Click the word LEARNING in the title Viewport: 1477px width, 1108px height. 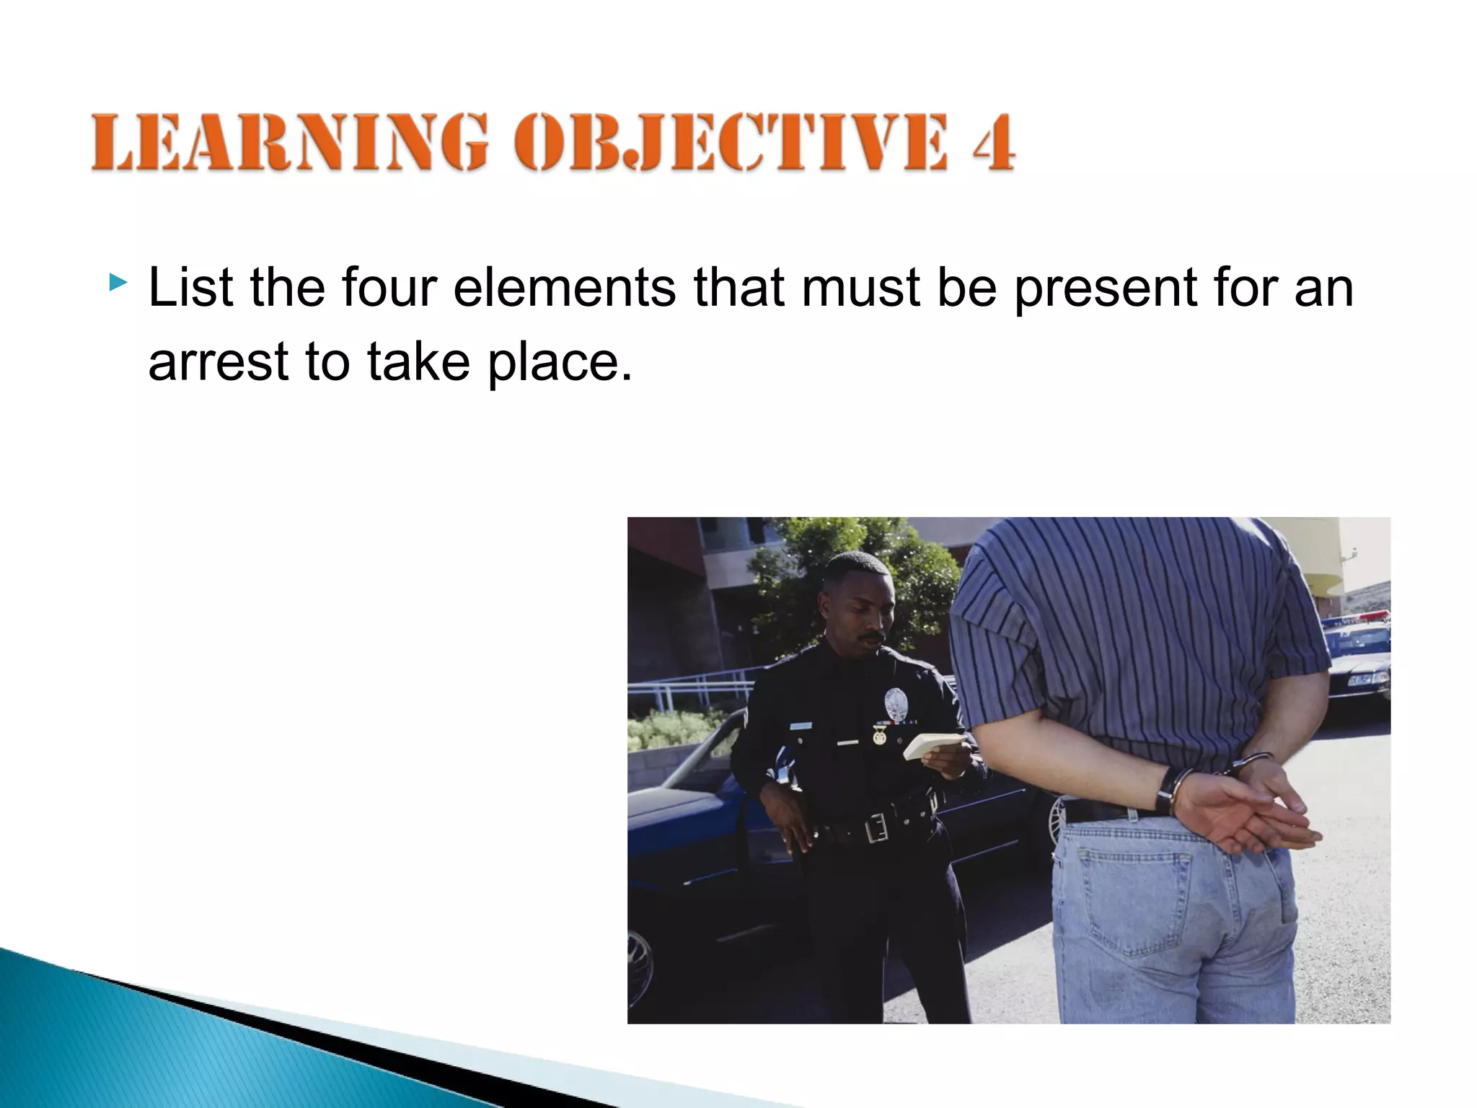tap(289, 142)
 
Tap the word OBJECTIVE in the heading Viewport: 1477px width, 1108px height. tap(729, 142)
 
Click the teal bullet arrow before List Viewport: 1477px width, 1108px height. tap(118, 282)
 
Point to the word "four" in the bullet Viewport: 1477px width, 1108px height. tap(389, 288)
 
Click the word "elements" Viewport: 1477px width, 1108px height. tap(564, 288)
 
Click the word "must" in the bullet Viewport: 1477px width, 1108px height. tap(860, 288)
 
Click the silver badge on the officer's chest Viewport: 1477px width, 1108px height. tap(895, 703)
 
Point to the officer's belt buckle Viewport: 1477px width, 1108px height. tap(876, 828)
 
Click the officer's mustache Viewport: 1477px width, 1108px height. tap(871, 638)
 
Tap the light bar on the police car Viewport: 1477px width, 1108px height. tap(1356, 617)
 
